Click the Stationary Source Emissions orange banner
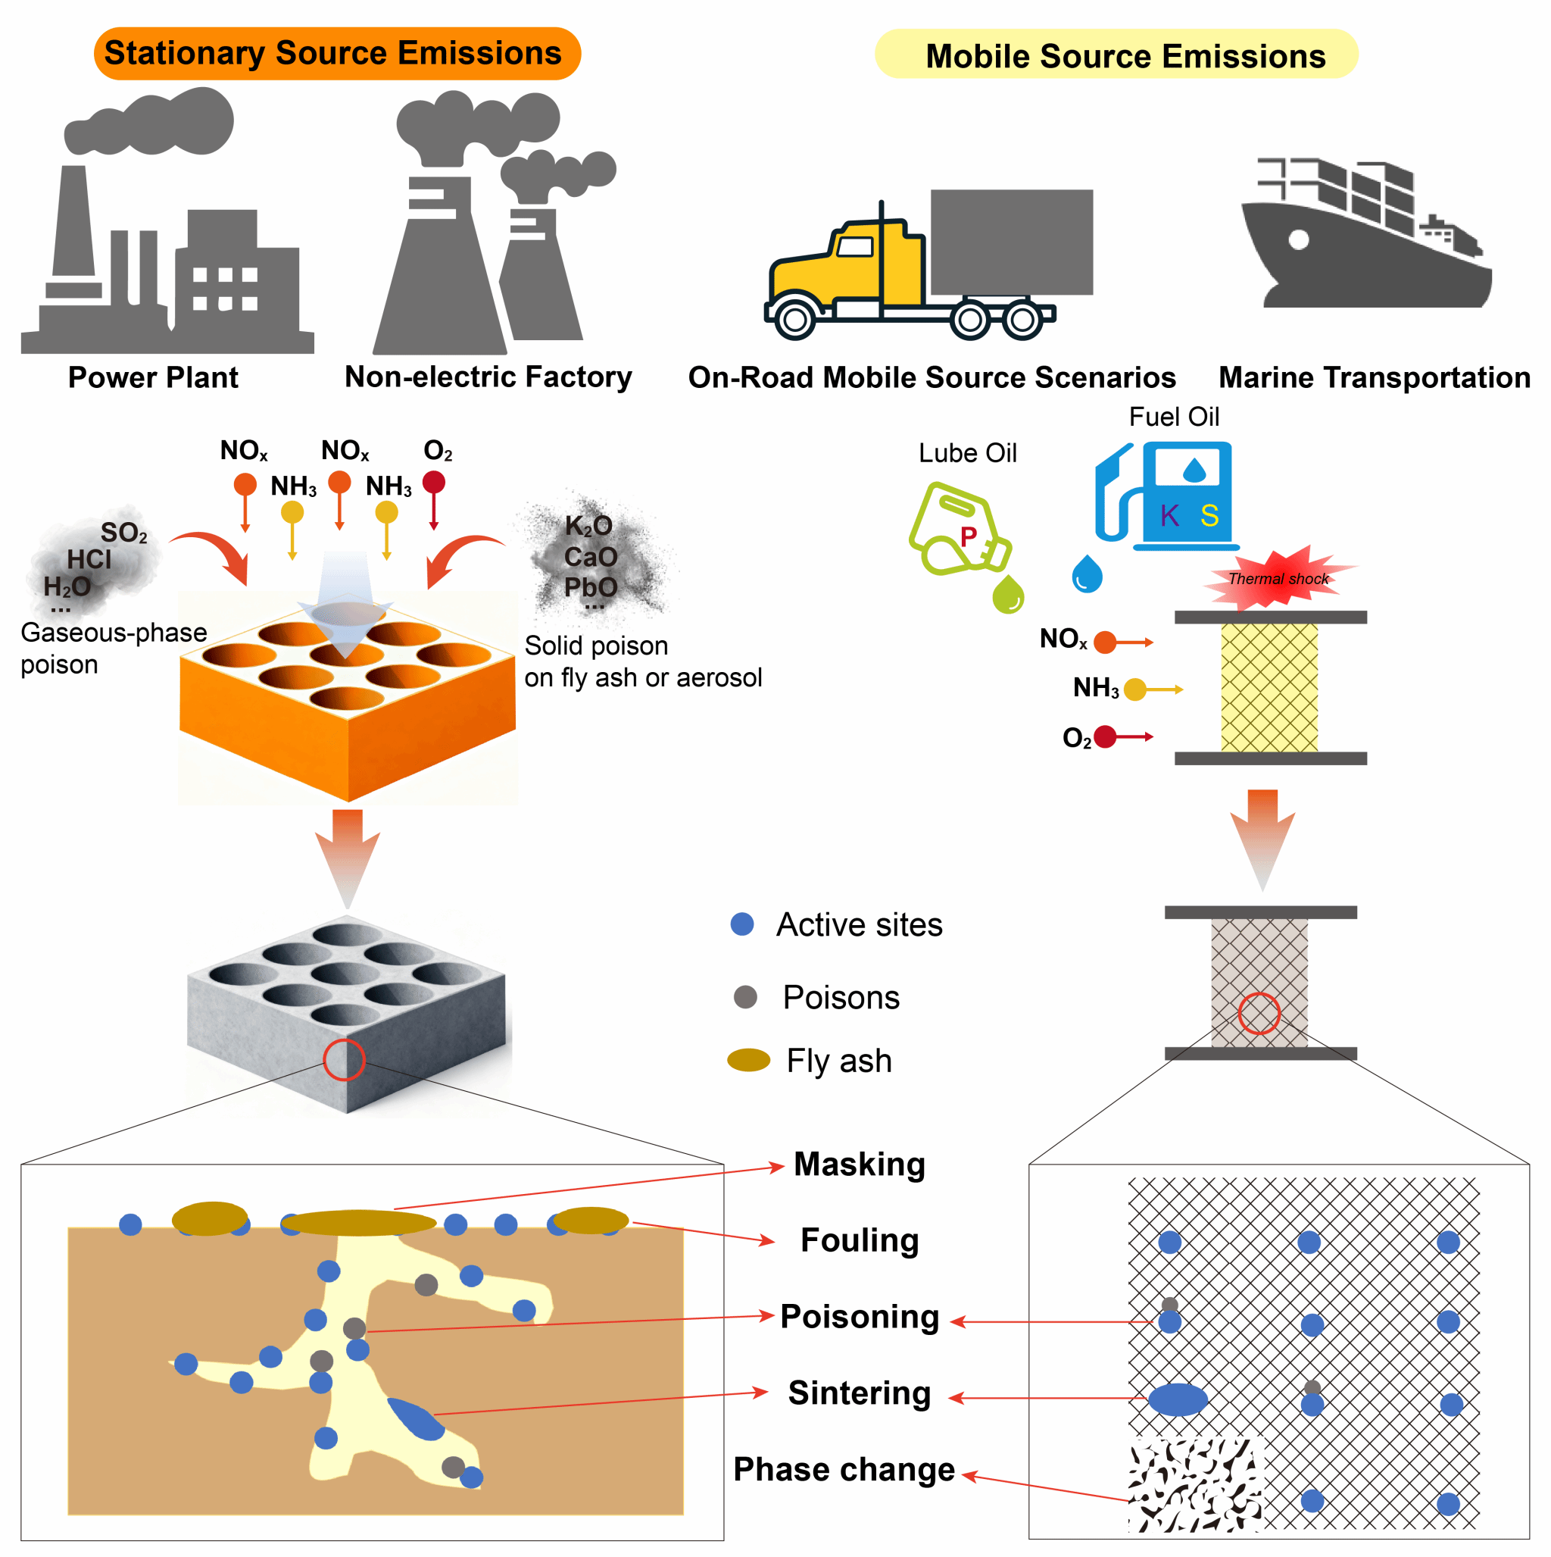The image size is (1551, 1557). [337, 53]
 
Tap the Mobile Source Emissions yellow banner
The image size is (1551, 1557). [1115, 55]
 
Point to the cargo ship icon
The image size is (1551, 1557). [1365, 238]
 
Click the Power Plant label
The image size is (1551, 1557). [153, 377]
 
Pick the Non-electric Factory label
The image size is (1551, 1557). [488, 377]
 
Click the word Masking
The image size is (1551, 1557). [859, 1164]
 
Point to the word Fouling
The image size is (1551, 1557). [859, 1240]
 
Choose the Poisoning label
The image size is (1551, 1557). [859, 1316]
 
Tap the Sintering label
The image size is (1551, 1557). [859, 1393]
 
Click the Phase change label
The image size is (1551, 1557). [844, 1469]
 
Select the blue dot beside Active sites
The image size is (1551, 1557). [741, 924]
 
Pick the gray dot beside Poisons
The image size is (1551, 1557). [745, 997]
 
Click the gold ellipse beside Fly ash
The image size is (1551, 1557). [748, 1060]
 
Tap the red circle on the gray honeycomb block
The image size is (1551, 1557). [344, 1059]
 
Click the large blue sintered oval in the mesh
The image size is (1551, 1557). [1177, 1400]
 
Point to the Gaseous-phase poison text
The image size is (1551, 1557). [113, 648]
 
